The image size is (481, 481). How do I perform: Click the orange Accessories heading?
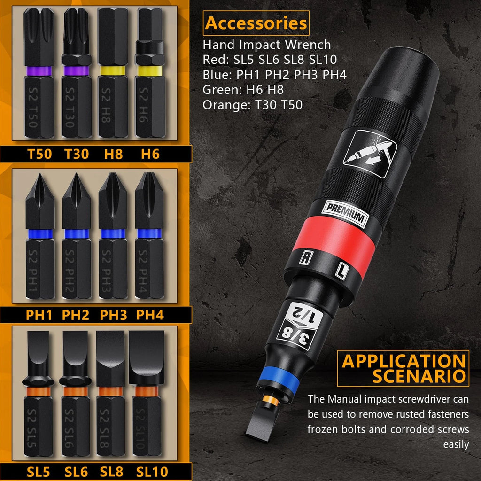(x=256, y=23)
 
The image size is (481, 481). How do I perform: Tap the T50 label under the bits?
(x=39, y=154)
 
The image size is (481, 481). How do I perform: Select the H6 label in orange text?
(x=151, y=154)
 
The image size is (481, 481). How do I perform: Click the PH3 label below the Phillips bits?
(x=113, y=315)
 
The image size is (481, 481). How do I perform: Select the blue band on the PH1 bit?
(x=39, y=233)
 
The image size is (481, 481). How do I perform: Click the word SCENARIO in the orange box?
(x=419, y=376)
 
